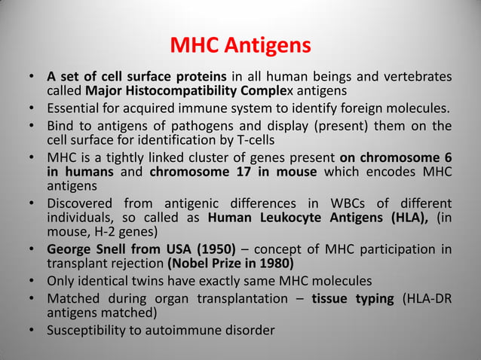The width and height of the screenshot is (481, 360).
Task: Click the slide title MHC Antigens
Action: [240, 47]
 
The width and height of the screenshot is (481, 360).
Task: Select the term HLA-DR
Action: [431, 299]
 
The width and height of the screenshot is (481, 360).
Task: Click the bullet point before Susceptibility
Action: [32, 330]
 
